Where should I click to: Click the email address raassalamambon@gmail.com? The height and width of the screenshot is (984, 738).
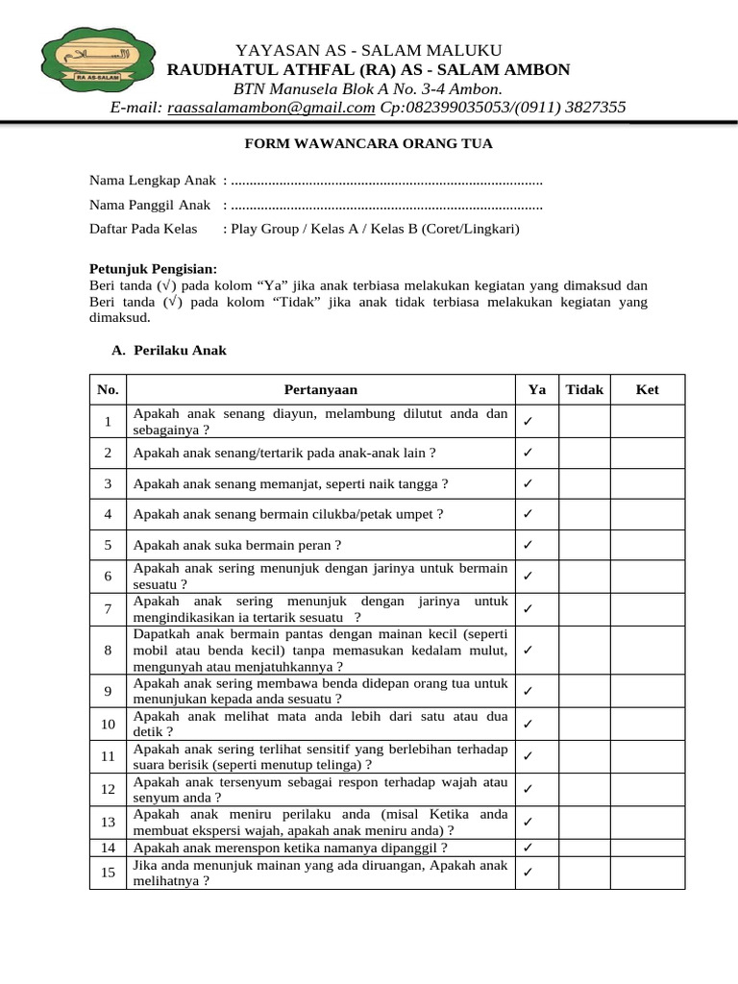click(x=270, y=108)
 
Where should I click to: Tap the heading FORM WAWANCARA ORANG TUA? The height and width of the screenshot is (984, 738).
click(x=369, y=144)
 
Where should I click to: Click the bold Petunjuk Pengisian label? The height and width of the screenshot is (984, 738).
click(x=153, y=268)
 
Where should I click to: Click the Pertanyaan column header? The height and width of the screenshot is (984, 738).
click(x=320, y=389)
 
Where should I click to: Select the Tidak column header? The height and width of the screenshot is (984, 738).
click(x=584, y=389)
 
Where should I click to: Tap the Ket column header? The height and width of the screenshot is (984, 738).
click(x=647, y=389)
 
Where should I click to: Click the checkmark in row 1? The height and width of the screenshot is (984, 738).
click(x=529, y=422)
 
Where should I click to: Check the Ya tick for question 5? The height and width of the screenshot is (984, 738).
click(x=529, y=545)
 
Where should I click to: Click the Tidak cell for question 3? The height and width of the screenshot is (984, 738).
click(x=584, y=483)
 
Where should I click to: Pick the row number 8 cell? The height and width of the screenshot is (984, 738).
click(x=109, y=651)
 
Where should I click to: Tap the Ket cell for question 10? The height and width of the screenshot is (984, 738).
click(x=647, y=724)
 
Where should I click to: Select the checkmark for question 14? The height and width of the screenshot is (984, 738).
click(x=529, y=848)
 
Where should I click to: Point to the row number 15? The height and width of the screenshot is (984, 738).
click(x=109, y=872)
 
